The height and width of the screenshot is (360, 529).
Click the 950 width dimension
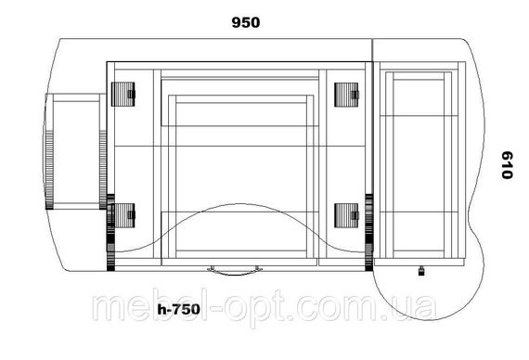pos(246,22)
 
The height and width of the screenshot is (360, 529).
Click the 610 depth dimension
pos(507,165)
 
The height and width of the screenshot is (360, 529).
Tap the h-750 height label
pos(179,309)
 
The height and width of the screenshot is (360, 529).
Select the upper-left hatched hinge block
pos(123,94)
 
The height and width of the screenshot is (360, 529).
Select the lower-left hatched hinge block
pos(124,215)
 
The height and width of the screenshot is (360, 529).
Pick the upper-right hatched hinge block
pos(346,95)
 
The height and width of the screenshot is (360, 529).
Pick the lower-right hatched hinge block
pos(346,215)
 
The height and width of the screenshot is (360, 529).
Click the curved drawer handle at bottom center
pos(235,271)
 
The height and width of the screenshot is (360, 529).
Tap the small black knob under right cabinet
pos(421,271)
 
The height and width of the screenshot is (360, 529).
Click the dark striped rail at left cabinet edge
pos(110,233)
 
